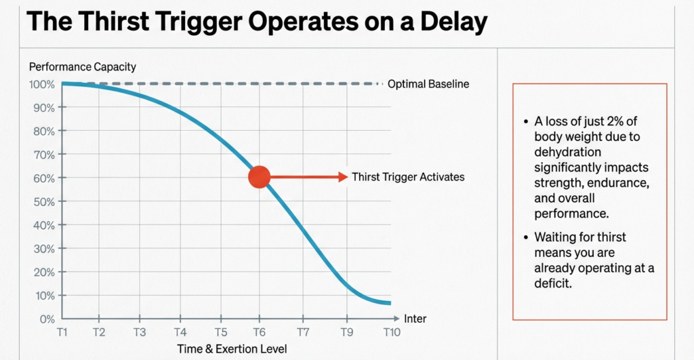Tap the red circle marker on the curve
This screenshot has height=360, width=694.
tap(260, 177)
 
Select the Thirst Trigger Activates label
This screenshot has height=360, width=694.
tap(408, 177)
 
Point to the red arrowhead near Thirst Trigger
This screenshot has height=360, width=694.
tap(343, 177)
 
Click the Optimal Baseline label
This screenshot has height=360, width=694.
tap(428, 84)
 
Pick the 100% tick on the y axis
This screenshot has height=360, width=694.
tap(41, 84)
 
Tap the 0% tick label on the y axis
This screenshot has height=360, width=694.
tap(47, 319)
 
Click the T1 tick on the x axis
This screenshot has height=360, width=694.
tap(62, 332)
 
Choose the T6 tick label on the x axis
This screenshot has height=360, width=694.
tap(260, 332)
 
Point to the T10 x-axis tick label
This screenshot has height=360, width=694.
tap(392, 332)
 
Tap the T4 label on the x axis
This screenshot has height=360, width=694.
tap(180, 332)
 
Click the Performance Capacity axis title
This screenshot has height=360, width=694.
tap(82, 66)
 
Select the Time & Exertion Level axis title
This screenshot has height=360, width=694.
tap(232, 348)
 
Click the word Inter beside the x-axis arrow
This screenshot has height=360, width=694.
tap(415, 319)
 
